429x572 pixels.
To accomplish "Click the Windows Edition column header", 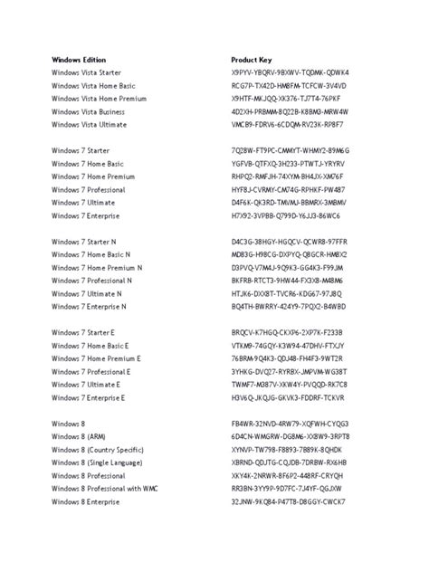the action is tap(79, 59).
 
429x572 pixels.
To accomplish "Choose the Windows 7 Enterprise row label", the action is tap(88, 216).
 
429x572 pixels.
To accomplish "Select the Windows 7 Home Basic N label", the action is tap(91, 255).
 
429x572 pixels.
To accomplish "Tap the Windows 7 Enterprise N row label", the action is tap(91, 307).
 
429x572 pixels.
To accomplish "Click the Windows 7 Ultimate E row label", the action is tap(88, 385).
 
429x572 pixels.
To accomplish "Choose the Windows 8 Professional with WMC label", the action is tap(104, 489).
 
